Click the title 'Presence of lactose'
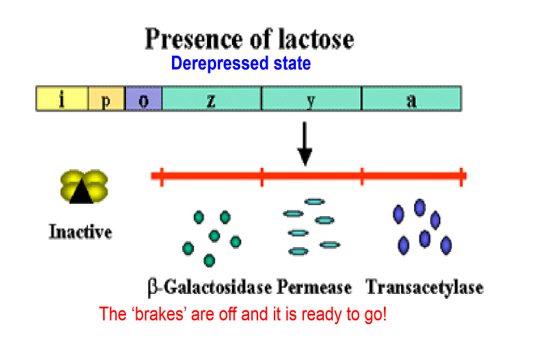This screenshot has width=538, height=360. click(248, 39)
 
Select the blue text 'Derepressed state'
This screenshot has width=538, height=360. click(240, 64)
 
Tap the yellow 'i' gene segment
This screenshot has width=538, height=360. click(62, 98)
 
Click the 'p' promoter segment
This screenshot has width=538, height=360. click(107, 98)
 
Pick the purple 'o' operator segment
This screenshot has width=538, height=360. click(143, 98)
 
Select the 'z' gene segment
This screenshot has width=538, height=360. click(211, 98)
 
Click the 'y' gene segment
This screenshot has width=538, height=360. click(311, 98)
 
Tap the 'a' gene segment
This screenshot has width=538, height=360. click(411, 98)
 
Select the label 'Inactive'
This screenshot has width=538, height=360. click(80, 232)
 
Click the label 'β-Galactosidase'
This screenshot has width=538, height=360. click(210, 286)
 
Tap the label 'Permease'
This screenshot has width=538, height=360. click(314, 286)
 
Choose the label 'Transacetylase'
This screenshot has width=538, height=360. click(424, 286)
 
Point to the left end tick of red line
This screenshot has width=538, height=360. click(160, 177)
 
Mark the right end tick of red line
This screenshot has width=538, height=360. click(461, 177)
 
